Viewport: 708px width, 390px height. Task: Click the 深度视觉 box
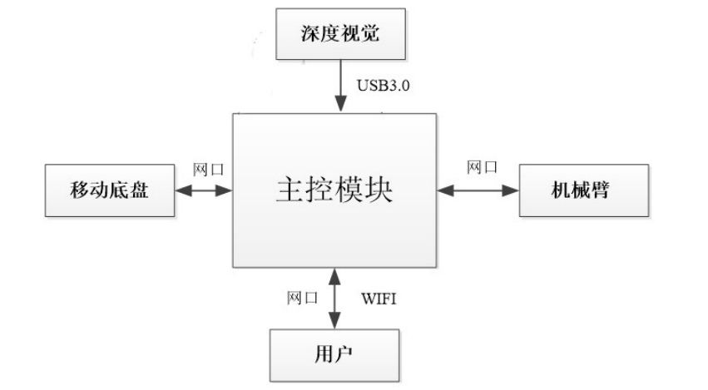point(340,34)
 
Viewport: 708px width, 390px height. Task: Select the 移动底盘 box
point(110,190)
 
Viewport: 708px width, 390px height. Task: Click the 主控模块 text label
point(334,190)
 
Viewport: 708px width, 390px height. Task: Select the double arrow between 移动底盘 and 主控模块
point(203,190)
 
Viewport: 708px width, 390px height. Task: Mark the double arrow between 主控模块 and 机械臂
point(478,190)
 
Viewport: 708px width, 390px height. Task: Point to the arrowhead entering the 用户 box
point(334,323)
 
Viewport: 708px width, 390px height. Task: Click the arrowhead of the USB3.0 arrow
point(340,107)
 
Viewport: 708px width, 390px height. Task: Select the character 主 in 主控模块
point(289,190)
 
